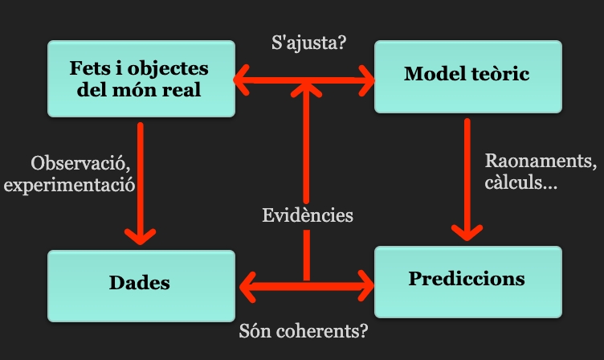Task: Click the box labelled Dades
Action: tap(141, 283)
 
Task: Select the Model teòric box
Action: tap(467, 76)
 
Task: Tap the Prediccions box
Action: tap(467, 280)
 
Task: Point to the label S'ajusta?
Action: tap(309, 42)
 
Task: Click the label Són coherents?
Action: tap(309, 330)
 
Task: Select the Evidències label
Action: tap(308, 215)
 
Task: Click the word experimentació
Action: tap(68, 184)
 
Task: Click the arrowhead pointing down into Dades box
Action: tap(141, 235)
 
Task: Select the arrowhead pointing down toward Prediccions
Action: tap(467, 231)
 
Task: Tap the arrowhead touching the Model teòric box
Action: tap(366, 80)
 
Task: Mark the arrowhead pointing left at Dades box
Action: tap(249, 284)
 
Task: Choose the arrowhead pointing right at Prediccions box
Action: tap(366, 284)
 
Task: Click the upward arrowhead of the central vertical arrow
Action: tap(306, 90)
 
